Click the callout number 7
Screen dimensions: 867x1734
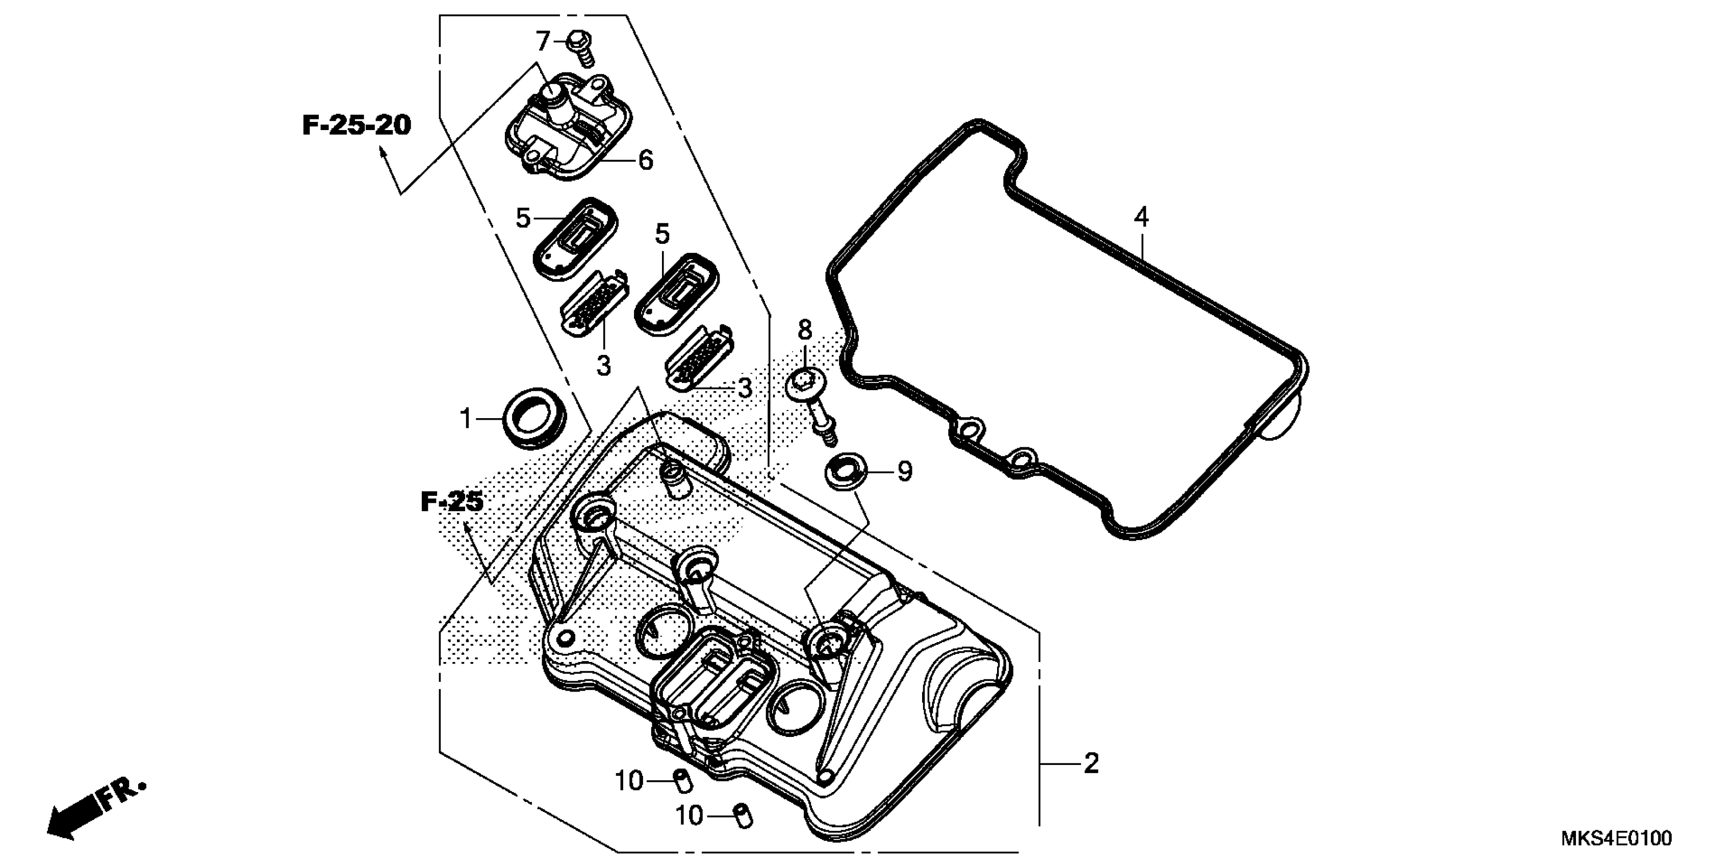click(543, 42)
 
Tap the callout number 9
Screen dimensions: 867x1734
click(905, 472)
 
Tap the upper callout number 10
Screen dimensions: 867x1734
click(629, 781)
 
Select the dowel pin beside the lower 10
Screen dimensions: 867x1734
click(743, 816)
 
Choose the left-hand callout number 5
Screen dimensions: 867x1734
click(523, 218)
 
